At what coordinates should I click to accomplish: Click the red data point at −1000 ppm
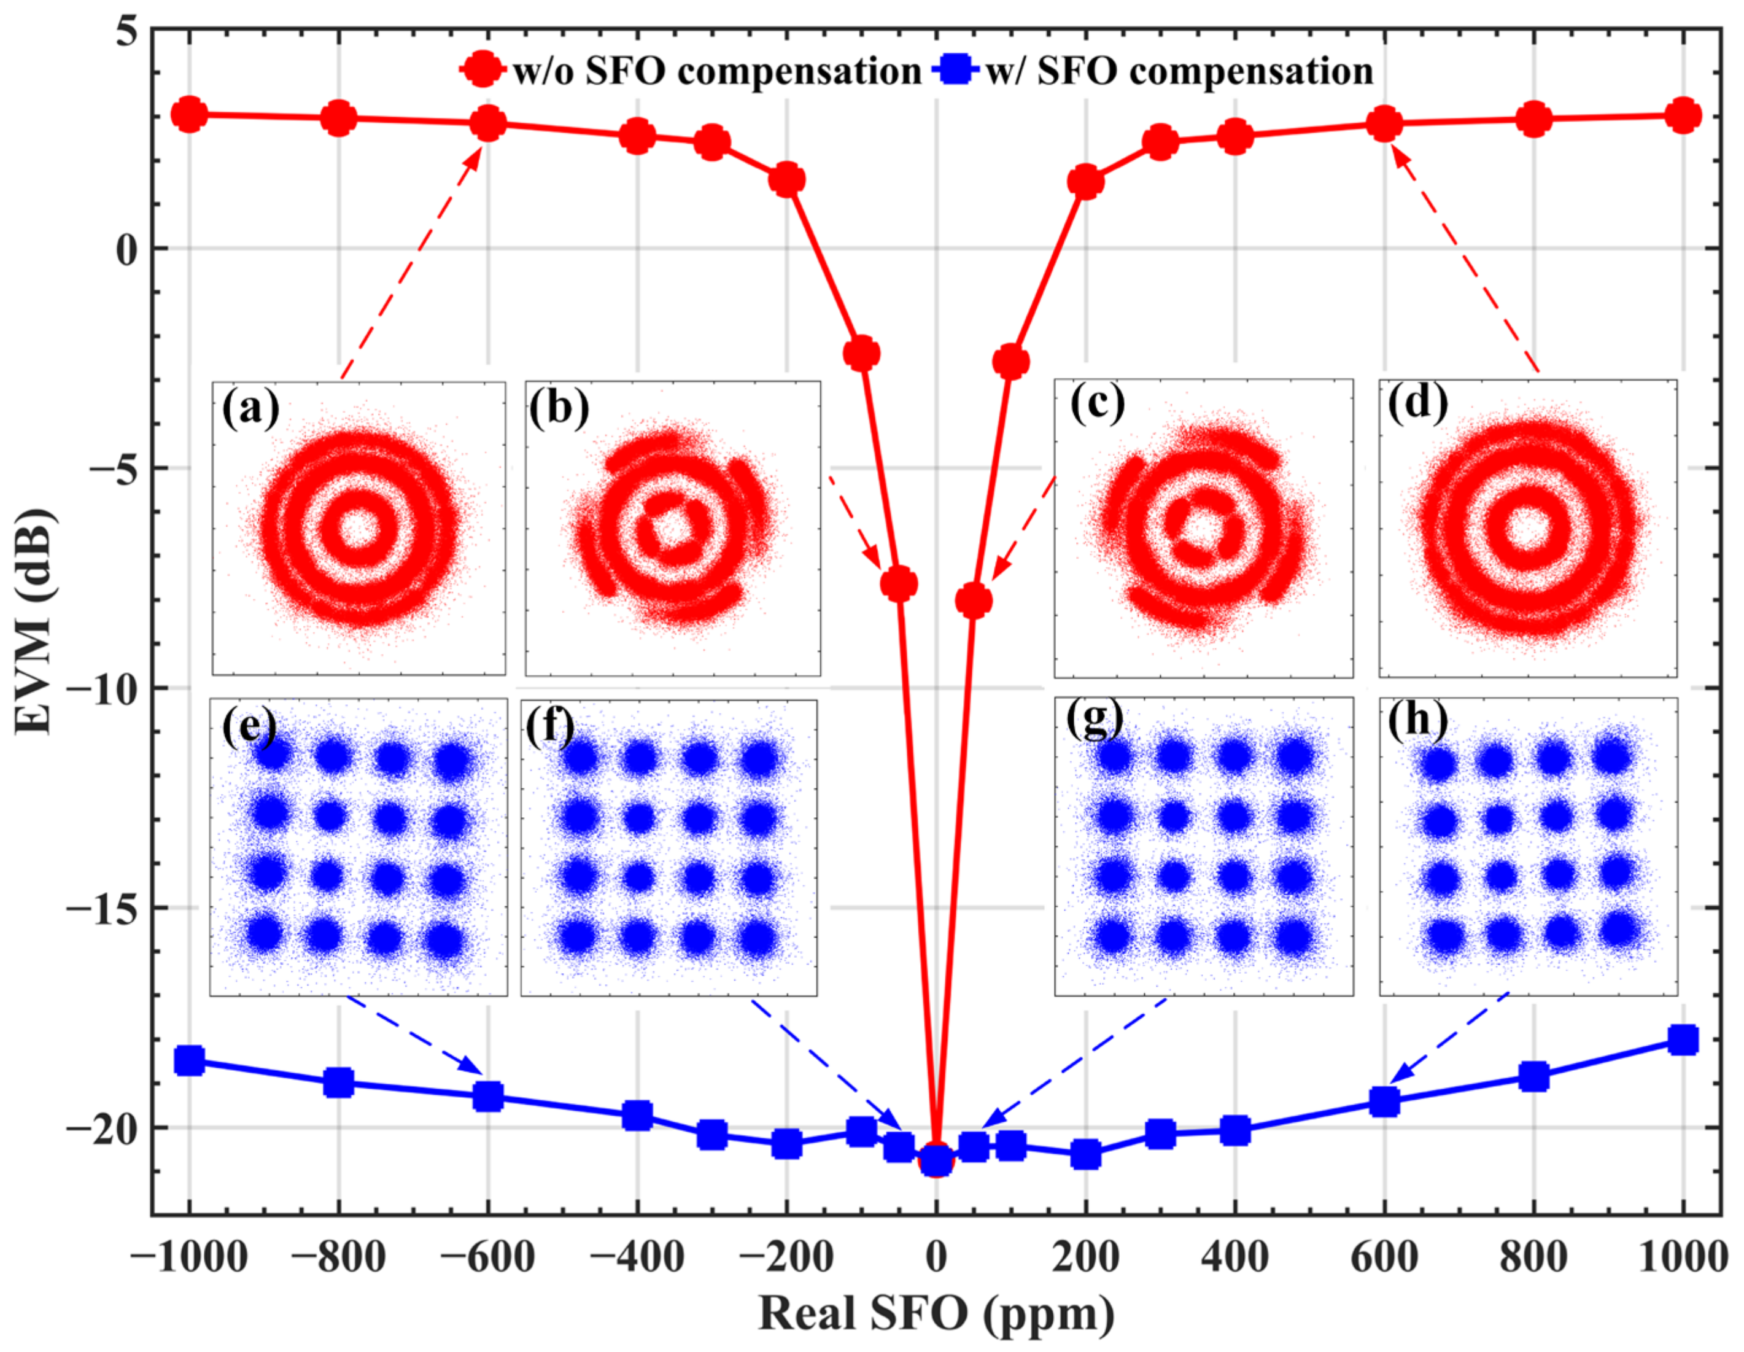coord(189,115)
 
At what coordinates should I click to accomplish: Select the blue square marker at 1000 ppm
coord(1683,1039)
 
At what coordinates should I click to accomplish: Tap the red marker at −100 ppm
coord(862,353)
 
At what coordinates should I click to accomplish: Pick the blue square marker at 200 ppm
coord(1085,1154)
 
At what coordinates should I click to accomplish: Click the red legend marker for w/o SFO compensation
coord(483,70)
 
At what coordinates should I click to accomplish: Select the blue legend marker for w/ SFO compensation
coord(955,70)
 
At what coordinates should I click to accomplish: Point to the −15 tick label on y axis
coord(101,908)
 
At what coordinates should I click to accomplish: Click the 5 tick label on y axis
coord(126,32)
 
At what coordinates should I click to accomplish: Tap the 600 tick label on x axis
coord(1384,1257)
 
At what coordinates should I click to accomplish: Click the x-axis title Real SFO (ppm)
coord(936,1313)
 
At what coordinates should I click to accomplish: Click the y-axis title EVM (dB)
coord(34,621)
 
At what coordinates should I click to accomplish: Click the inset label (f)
coord(549,725)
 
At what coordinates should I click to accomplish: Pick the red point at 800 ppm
coord(1533,119)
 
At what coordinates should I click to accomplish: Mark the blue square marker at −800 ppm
coord(339,1083)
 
